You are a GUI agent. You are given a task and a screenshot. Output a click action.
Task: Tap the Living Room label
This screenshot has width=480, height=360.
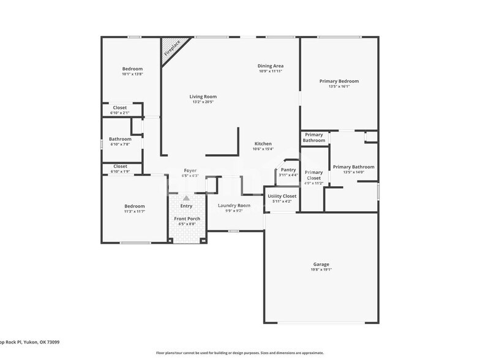point(202,97)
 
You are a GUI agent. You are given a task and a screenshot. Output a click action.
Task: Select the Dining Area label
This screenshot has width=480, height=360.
point(270,66)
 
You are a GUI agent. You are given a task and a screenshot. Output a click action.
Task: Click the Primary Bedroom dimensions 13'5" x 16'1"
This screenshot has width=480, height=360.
point(339,86)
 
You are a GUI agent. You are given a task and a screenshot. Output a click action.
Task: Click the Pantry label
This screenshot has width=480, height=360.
point(288,170)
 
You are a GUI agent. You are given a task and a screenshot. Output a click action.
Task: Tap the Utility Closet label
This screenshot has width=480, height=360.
point(282,196)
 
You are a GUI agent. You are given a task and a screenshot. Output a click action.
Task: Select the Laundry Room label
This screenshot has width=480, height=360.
point(234,205)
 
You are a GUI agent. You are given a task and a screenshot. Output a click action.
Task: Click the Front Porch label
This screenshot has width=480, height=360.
point(187,219)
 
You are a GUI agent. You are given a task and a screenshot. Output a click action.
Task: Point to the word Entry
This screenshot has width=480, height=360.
point(186,206)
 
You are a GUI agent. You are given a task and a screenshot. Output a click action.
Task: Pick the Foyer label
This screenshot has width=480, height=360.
point(190,170)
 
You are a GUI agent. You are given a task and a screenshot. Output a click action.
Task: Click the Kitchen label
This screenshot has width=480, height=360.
point(263,144)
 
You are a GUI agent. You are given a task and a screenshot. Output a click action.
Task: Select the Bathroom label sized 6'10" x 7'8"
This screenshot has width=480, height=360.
point(120,139)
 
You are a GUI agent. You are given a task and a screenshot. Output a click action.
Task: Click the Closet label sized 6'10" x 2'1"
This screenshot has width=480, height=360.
point(120,108)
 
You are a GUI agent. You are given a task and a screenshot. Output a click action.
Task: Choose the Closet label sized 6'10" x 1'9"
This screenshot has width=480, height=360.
point(120,167)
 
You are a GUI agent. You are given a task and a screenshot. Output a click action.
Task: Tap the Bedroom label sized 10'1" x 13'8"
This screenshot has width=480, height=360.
point(132,69)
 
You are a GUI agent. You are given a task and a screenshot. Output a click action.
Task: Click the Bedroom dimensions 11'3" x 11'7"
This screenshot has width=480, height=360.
point(135,212)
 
